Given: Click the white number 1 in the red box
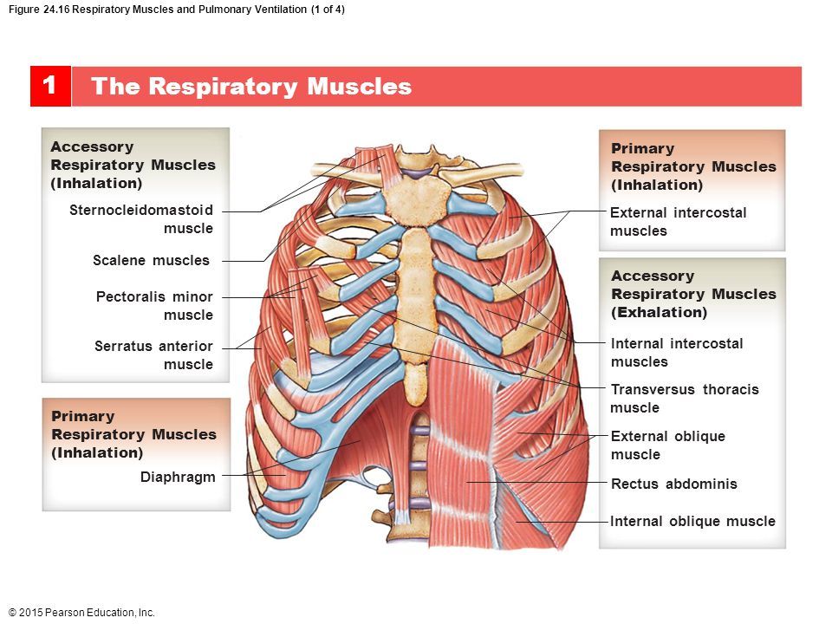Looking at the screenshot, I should [x=49, y=86].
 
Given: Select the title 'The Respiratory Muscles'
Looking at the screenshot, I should [x=251, y=87].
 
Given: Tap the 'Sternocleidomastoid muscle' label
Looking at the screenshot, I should [x=141, y=219].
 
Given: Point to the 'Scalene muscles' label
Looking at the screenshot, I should [x=151, y=260].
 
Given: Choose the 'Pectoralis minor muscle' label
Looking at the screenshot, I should [x=154, y=306].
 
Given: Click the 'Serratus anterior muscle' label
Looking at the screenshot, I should [x=153, y=355].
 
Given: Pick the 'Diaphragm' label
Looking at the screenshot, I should [x=178, y=477].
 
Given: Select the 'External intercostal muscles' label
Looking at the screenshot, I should [x=678, y=222].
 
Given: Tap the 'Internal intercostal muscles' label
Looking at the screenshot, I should [x=677, y=353].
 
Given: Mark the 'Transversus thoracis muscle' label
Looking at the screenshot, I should [x=685, y=399].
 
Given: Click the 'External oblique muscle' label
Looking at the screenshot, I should [x=667, y=445].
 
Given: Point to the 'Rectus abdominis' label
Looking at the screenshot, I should [x=673, y=484].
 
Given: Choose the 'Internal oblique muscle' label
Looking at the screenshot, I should [x=692, y=522].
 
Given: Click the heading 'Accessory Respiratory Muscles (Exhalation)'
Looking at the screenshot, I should [x=693, y=294].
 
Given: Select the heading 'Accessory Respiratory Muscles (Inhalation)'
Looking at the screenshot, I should [x=133, y=165].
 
